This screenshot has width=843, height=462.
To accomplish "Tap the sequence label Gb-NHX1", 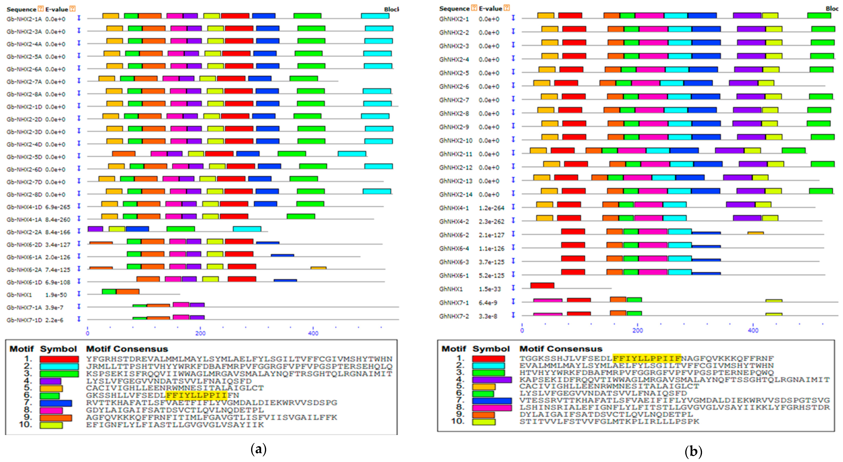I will click(19, 295).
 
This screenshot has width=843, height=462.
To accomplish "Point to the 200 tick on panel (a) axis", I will click(200, 333).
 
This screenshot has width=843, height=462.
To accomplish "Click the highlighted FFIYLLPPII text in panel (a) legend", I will click(196, 395).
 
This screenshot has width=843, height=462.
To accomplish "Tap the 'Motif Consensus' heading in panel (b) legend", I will click(561, 349).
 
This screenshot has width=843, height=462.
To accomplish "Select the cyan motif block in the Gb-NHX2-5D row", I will click(352, 154).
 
